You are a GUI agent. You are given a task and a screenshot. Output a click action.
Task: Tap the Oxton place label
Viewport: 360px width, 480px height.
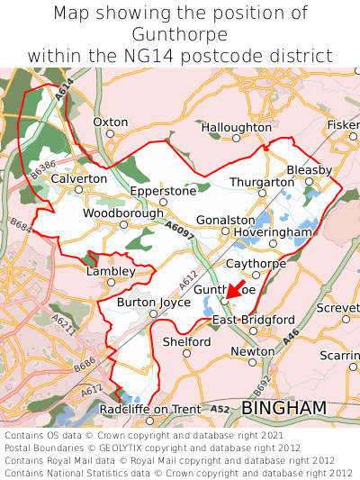click(111, 122)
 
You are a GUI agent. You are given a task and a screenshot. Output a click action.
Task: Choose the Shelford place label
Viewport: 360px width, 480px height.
click(187, 341)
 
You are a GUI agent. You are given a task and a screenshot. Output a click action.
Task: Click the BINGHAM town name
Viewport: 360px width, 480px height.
click(283, 409)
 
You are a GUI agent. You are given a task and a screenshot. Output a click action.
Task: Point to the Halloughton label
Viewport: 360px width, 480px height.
click(236, 128)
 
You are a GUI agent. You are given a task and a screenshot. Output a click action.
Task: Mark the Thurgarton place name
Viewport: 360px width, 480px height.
click(262, 182)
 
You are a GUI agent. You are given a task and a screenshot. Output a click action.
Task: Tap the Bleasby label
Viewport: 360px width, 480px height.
click(310, 169)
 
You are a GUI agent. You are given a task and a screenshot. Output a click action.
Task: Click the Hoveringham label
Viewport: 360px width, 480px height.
click(273, 232)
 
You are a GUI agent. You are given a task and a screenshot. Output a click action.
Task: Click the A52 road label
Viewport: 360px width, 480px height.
click(220, 409)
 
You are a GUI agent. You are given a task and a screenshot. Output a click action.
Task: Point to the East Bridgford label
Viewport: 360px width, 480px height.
click(253, 320)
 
